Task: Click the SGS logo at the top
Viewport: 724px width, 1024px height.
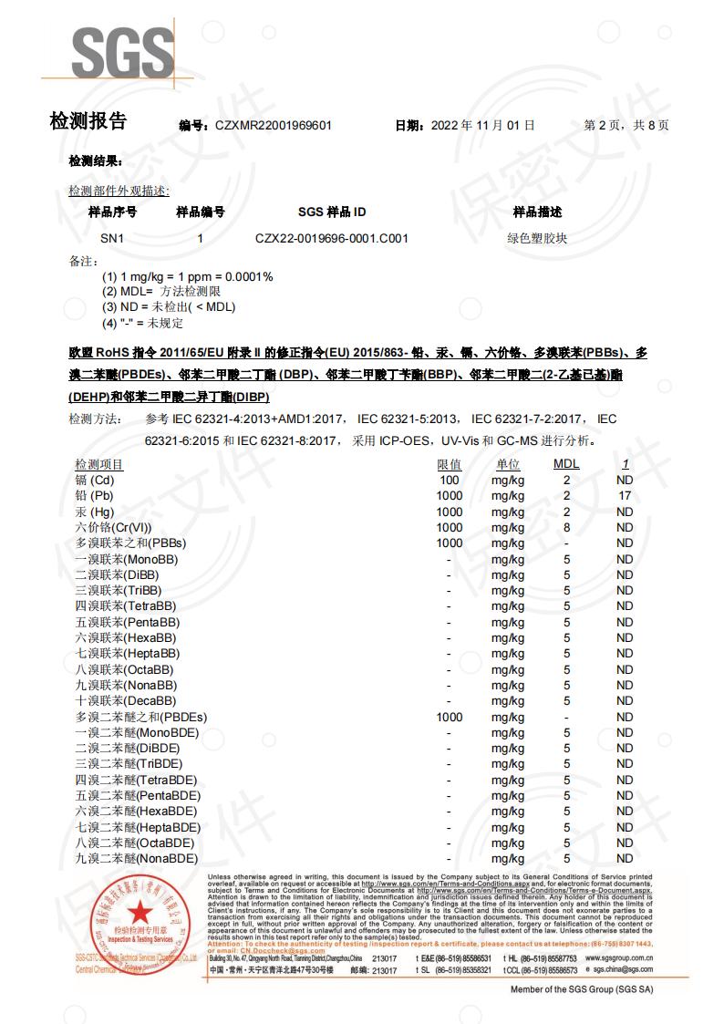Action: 122,55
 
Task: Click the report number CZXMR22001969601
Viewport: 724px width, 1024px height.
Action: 273,126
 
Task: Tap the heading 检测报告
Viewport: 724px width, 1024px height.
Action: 88,121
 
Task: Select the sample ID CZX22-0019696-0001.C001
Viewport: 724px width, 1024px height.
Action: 332,239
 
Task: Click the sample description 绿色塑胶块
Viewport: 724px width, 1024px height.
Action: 537,239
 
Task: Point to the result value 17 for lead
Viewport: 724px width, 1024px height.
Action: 624,496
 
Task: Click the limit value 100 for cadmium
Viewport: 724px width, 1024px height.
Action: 449,481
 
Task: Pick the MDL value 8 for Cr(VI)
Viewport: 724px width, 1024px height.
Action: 566,528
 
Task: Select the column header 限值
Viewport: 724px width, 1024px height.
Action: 449,465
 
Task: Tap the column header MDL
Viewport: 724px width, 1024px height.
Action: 566,465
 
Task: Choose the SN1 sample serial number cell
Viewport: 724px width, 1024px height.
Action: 112,239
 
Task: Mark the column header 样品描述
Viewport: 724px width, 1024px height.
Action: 537,212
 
